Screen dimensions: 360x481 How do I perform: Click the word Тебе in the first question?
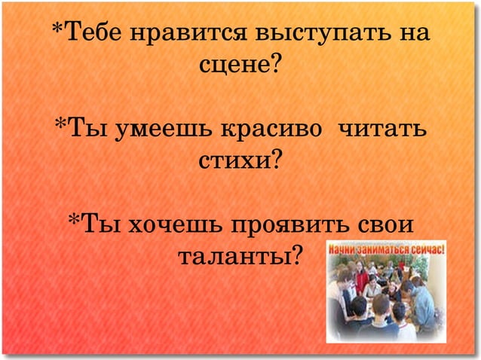click(x=93, y=35)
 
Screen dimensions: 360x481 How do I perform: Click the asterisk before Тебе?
click(x=57, y=32)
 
